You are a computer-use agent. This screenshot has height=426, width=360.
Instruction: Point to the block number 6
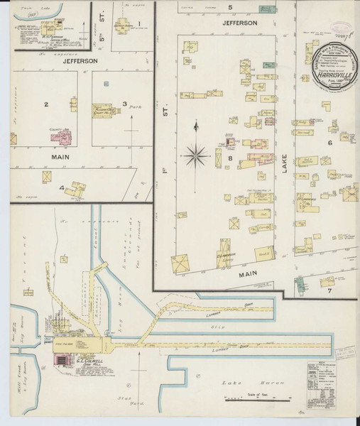click(329, 143)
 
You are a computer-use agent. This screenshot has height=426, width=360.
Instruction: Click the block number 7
click(329, 290)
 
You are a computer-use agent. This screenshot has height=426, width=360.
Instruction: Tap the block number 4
click(62, 188)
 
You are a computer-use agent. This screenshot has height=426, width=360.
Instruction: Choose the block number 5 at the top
click(230, 7)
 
